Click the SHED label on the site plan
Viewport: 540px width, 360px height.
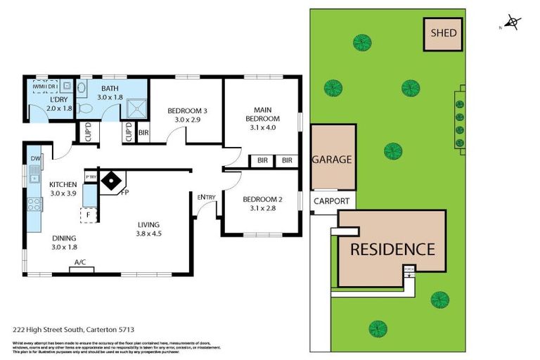(444, 33)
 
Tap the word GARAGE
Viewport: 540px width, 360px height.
(332, 160)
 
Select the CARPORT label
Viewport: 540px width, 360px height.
(332, 201)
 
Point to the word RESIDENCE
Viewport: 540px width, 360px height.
(392, 249)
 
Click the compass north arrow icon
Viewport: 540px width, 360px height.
(513, 23)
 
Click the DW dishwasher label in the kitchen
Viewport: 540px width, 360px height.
(35, 159)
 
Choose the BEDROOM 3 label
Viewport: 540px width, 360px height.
(187, 111)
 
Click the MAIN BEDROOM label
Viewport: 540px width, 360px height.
(262, 114)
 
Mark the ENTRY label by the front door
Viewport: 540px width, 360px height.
(206, 197)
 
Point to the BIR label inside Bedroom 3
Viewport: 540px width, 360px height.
(143, 133)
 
